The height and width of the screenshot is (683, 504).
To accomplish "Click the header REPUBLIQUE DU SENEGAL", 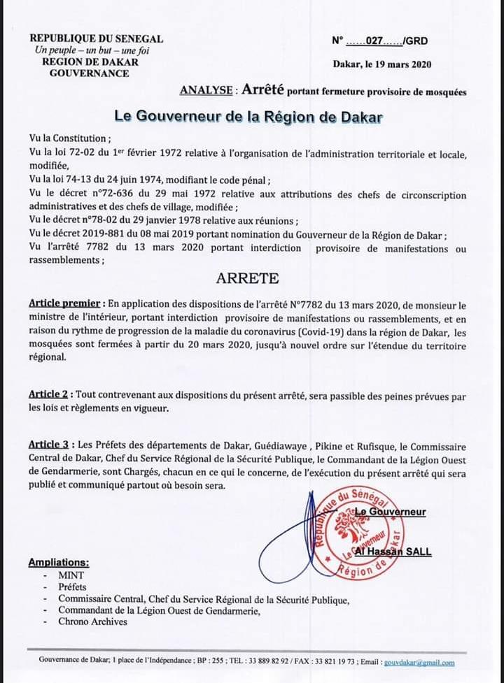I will (x=97, y=38).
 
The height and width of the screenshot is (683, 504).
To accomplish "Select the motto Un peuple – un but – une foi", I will (x=92, y=50).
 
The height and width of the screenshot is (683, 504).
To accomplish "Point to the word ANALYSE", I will (x=206, y=90).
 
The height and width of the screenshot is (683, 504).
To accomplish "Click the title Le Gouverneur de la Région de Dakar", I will (x=248, y=117).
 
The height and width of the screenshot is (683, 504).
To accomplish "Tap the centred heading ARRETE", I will (x=247, y=278).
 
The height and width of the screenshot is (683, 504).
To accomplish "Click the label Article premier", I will (x=67, y=304).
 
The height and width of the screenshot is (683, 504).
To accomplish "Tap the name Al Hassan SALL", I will (x=393, y=552).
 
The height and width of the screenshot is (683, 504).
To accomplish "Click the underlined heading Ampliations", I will (x=59, y=562).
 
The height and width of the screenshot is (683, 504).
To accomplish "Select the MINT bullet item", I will (x=71, y=575).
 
